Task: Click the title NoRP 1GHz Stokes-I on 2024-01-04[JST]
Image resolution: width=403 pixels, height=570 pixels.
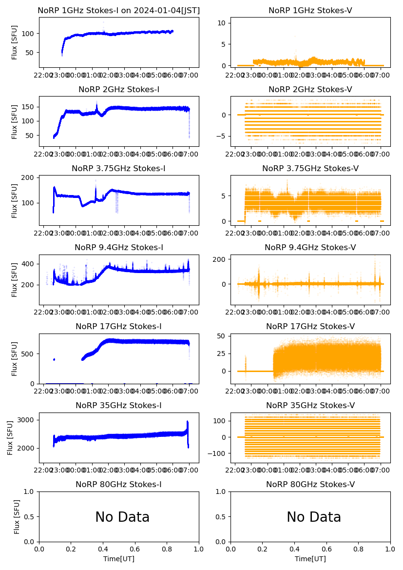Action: click(119, 10)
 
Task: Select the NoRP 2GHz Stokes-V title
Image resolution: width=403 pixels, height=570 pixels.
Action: click(310, 89)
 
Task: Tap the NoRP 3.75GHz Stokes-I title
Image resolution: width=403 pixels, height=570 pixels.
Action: click(119, 168)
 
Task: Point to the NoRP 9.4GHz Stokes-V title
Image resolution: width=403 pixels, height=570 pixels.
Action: click(310, 247)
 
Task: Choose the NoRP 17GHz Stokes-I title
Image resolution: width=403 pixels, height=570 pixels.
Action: click(119, 326)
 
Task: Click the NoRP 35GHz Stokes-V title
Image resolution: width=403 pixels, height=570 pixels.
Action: click(310, 405)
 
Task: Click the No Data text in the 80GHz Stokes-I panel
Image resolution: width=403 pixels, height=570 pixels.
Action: click(122, 517)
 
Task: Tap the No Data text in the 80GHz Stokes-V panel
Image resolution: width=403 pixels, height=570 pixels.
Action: click(314, 517)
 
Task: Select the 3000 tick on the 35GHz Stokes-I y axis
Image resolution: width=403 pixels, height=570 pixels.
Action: click(28, 420)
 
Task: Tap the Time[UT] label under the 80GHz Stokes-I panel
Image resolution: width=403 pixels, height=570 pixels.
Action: click(119, 559)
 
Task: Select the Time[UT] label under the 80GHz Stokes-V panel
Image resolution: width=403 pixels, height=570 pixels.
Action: click(310, 559)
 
